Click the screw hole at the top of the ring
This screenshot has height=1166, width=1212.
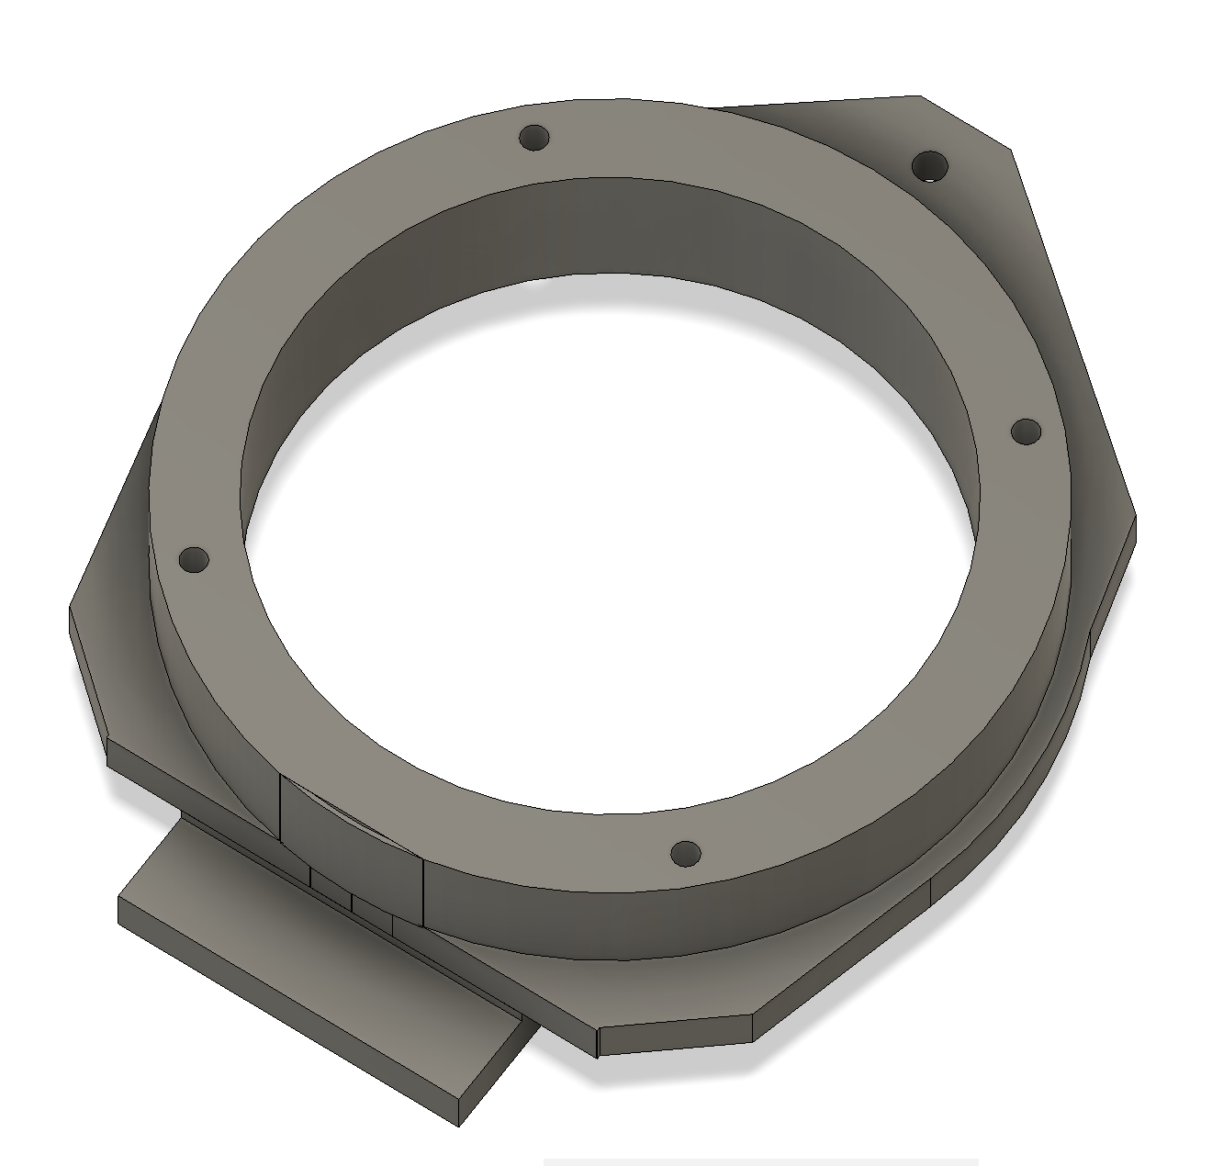533,139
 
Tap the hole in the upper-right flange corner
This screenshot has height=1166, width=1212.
929,167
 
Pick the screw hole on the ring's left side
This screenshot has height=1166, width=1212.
194,559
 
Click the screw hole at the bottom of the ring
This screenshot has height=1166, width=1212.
685,855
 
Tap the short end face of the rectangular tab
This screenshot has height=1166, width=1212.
496,1074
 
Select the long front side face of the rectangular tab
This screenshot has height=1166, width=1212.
275,1010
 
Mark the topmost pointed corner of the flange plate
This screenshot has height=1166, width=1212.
920,95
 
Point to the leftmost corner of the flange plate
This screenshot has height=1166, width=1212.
71,608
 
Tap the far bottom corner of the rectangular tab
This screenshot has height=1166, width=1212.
458,1125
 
